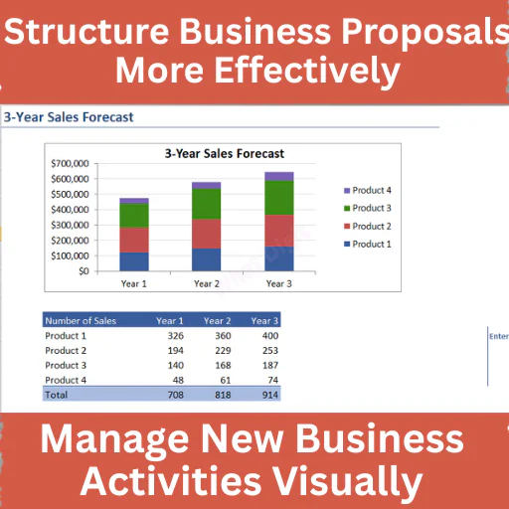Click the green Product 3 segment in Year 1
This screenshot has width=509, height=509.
(134, 216)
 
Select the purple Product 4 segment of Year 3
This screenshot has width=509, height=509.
(279, 176)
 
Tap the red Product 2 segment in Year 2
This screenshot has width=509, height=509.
(206, 234)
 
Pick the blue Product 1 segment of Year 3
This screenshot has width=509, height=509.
(279, 258)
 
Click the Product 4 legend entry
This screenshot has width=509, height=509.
(368, 190)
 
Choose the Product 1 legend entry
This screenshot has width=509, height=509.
(368, 244)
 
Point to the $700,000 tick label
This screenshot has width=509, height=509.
(70, 163)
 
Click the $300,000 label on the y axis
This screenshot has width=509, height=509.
(70, 225)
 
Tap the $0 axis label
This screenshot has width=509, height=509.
(84, 271)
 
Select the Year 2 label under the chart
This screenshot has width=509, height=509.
(207, 283)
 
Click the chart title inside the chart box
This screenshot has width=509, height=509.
(225, 153)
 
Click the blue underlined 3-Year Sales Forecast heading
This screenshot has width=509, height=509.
(69, 117)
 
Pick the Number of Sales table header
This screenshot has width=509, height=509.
(81, 321)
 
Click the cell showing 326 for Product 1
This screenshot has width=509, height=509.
(176, 336)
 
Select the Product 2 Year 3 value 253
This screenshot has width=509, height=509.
(270, 350)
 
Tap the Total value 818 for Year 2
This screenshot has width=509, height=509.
(223, 395)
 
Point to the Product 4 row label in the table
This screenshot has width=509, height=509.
(66, 380)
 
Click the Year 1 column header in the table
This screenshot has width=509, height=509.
(170, 321)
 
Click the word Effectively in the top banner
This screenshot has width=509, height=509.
(307, 71)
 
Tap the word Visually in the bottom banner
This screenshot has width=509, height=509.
(347, 481)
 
